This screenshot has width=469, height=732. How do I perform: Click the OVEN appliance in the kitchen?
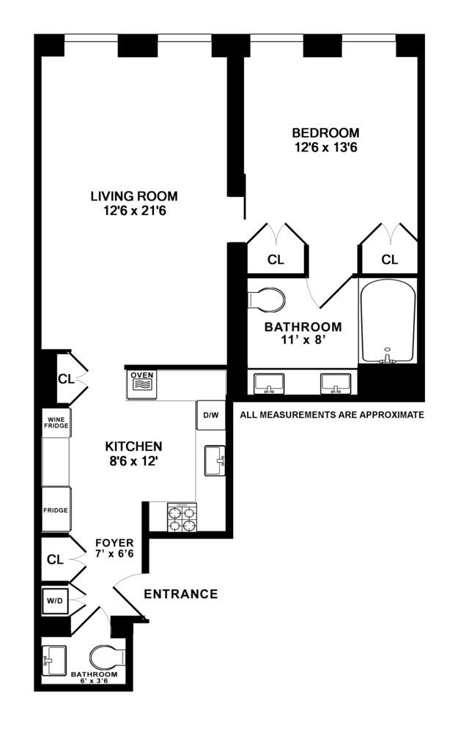pyautogui.click(x=142, y=384)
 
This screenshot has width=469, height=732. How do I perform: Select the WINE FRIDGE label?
pyautogui.click(x=56, y=422)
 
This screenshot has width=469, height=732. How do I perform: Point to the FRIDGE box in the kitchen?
pyautogui.click(x=56, y=509)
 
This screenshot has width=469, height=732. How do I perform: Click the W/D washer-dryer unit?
pyautogui.click(x=55, y=601)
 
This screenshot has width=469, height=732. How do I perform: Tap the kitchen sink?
pyautogui.click(x=215, y=460)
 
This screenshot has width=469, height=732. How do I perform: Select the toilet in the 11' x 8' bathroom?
pyautogui.click(x=265, y=299)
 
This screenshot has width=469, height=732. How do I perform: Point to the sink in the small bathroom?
pyautogui.click(x=54, y=660)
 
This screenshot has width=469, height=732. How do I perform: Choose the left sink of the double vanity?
pyautogui.click(x=269, y=384)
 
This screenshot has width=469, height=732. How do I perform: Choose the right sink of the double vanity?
pyautogui.click(x=336, y=384)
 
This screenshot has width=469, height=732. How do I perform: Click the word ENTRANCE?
pyautogui.click(x=181, y=594)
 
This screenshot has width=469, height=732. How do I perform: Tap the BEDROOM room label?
pyautogui.click(x=325, y=132)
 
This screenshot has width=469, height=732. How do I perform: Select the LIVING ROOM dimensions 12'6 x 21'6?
pyautogui.click(x=135, y=211)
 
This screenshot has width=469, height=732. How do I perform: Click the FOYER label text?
pyautogui.click(x=114, y=543)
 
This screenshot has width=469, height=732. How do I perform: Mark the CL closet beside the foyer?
pyautogui.click(x=55, y=559)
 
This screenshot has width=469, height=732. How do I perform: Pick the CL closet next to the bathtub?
pyautogui.click(x=390, y=259)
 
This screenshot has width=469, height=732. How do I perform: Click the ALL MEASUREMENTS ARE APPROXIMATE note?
pyautogui.click(x=332, y=414)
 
